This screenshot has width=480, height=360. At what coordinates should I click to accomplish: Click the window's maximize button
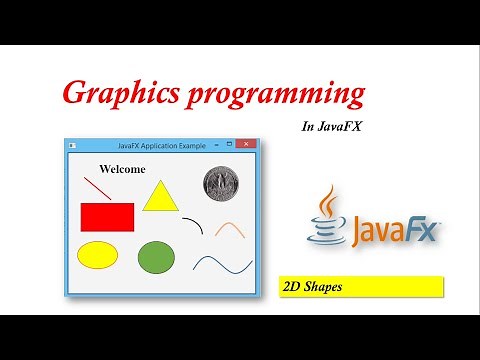pyautogui.click(x=230, y=146)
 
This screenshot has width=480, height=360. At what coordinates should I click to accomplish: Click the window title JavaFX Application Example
pyautogui.click(x=161, y=146)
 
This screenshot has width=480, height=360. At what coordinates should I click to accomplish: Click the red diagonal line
pyautogui.click(x=98, y=188)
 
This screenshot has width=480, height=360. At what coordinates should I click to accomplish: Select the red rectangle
pyautogui.click(x=107, y=217)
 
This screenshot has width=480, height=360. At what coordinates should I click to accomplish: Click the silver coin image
pyautogui.click(x=219, y=182)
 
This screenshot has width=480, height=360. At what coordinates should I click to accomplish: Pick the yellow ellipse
pyautogui.click(x=98, y=254)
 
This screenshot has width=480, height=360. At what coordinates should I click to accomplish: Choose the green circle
pyautogui.click(x=156, y=257)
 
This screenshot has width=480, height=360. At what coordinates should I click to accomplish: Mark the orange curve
pyautogui.click(x=230, y=229)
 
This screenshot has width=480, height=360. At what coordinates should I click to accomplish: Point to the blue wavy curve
pyautogui.click(x=222, y=264)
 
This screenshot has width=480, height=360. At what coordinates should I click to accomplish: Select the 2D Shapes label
pyautogui.click(x=358, y=286)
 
